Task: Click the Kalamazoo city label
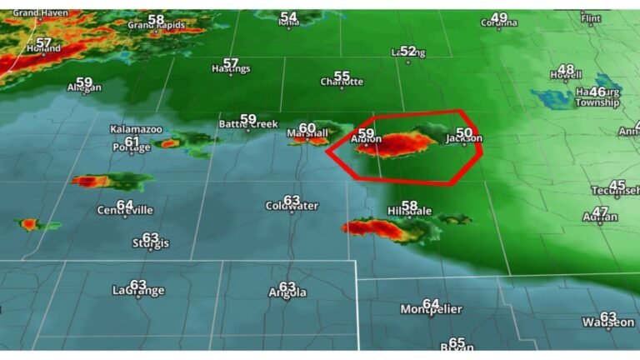pos(136,129)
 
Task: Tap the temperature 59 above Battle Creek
pos(248,118)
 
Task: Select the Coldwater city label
pos(292,206)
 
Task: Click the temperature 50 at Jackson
pos(465,132)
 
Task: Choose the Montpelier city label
pos(431,309)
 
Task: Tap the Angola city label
pos(287,292)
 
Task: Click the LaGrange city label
pos(138,291)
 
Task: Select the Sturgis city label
pos(151,243)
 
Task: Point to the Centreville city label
pos(125,210)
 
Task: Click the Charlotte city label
pos(342,82)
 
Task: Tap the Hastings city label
pos(231,69)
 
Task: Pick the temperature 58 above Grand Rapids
pos(156,18)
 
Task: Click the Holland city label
pos(44,49)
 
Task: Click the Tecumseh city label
pos(614,191)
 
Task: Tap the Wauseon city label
pos(608,322)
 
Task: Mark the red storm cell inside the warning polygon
pos(397,145)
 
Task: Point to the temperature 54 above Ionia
pos(288,16)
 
